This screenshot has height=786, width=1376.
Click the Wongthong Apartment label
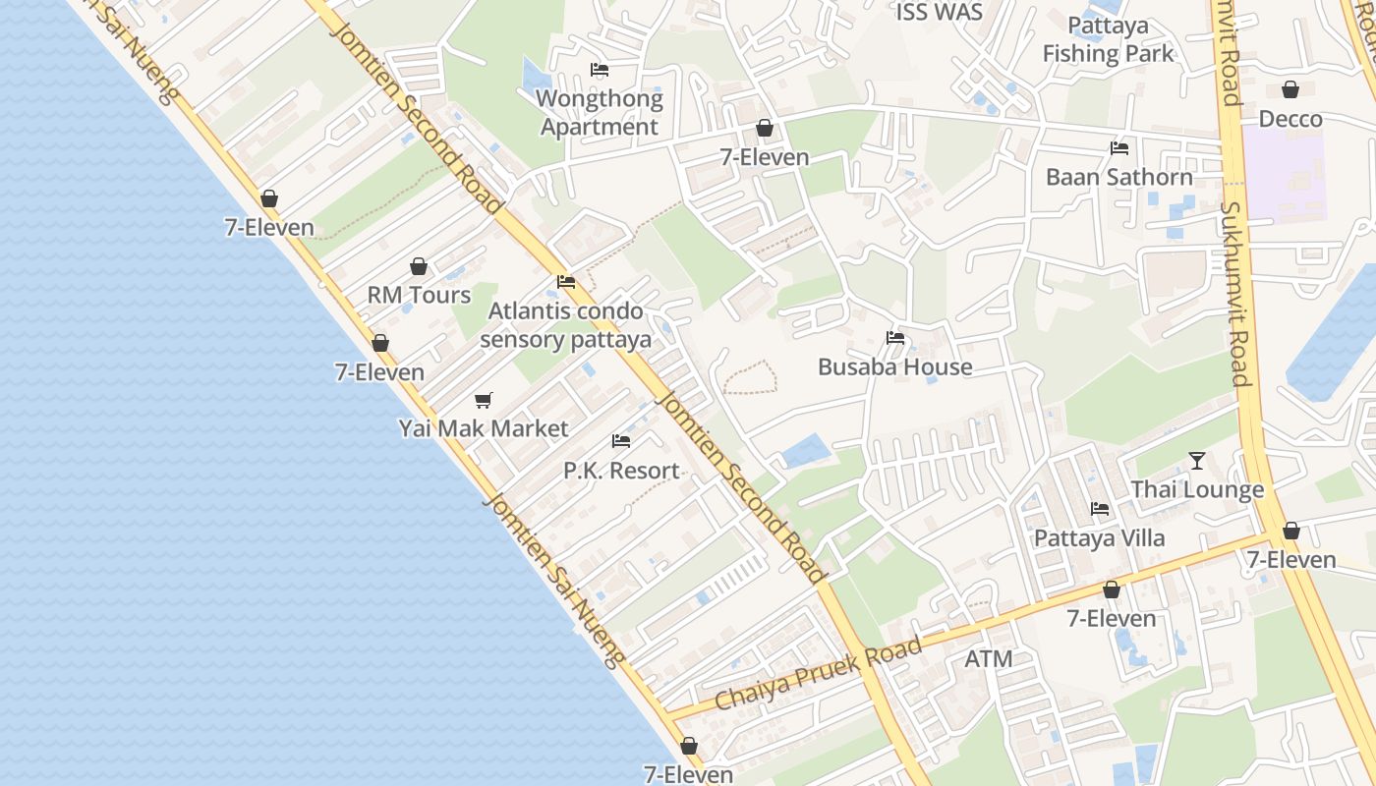click(x=599, y=113)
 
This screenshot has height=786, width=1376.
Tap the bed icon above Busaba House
click(x=894, y=338)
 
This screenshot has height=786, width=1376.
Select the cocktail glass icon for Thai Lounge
click(x=1196, y=460)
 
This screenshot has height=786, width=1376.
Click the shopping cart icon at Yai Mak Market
click(x=483, y=400)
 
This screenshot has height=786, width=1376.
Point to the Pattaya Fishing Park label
click(x=1108, y=39)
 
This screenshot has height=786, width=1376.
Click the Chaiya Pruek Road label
click(x=818, y=673)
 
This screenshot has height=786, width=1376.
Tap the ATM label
click(x=988, y=658)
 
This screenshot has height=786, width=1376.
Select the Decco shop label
click(x=1290, y=119)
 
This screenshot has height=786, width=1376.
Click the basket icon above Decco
click(x=1290, y=90)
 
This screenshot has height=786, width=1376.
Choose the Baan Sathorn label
click(x=1118, y=177)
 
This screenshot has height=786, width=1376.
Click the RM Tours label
click(x=419, y=295)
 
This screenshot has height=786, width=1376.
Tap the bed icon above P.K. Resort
click(x=620, y=441)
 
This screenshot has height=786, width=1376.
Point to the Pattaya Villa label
click(x=1099, y=537)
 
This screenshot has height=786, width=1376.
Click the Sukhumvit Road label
click(x=1234, y=295)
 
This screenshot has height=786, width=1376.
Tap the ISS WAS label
click(x=939, y=13)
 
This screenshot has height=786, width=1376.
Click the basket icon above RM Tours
click(x=419, y=266)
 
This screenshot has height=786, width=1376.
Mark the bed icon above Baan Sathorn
click(x=1118, y=148)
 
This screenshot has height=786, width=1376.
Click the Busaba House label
click(x=894, y=366)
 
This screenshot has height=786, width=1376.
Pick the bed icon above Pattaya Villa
click(x=1099, y=509)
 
